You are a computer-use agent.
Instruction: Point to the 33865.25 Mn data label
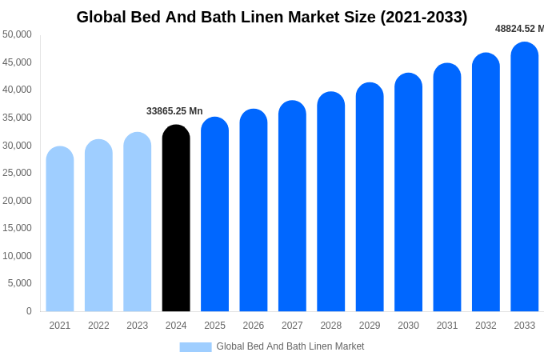click(174, 111)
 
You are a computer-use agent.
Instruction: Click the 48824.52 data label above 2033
click(518, 29)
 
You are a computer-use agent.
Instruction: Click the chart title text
click(272, 17)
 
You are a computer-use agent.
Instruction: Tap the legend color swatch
click(195, 347)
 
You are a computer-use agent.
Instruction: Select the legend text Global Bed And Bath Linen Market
click(290, 346)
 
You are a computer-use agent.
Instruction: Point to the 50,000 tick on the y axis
click(17, 34)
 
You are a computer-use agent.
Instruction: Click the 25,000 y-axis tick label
click(17, 173)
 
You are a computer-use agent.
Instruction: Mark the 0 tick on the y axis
click(29, 311)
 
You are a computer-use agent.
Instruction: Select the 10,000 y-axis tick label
click(17, 256)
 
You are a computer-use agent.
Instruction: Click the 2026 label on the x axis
click(254, 326)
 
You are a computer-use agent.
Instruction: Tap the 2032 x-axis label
click(486, 326)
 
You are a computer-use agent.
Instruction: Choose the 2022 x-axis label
click(98, 326)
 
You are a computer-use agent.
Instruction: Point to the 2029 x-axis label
click(370, 326)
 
